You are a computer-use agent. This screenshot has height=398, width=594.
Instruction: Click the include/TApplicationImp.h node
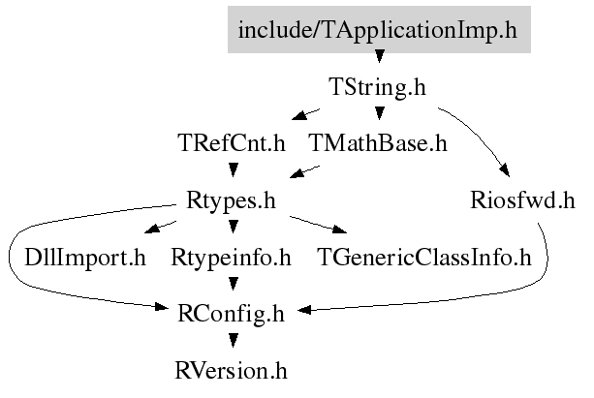379,30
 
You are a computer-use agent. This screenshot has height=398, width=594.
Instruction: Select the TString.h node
378,87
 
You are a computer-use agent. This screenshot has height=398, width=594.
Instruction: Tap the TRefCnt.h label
232,143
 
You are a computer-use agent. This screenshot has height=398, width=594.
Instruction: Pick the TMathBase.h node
378,143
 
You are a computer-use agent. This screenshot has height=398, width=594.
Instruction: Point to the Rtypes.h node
231,200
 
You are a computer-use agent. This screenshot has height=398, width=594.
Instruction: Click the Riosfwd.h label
523,199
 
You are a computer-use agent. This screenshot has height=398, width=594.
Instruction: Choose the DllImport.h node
85,258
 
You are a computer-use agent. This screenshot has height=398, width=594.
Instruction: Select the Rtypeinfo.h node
231,258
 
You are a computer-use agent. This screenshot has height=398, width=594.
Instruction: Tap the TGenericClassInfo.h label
424,258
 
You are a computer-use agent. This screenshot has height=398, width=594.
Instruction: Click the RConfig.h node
231,314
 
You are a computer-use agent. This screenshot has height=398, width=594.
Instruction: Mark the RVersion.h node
231,371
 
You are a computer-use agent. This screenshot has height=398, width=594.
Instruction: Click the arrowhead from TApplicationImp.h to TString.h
379,56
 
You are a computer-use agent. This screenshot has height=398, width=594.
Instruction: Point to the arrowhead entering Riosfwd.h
505,170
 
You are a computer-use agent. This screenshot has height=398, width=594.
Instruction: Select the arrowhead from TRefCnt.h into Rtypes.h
234,169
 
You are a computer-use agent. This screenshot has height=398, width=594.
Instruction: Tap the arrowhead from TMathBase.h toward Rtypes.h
297,173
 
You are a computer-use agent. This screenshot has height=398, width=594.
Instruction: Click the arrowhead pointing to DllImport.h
152,229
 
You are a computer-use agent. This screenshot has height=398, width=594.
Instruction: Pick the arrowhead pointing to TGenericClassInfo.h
339,229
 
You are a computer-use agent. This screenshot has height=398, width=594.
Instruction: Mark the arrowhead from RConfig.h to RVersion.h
234,340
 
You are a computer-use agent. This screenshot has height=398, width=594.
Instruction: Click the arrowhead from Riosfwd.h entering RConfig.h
304,310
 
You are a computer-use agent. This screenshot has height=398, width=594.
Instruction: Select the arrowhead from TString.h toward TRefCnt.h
299,115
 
